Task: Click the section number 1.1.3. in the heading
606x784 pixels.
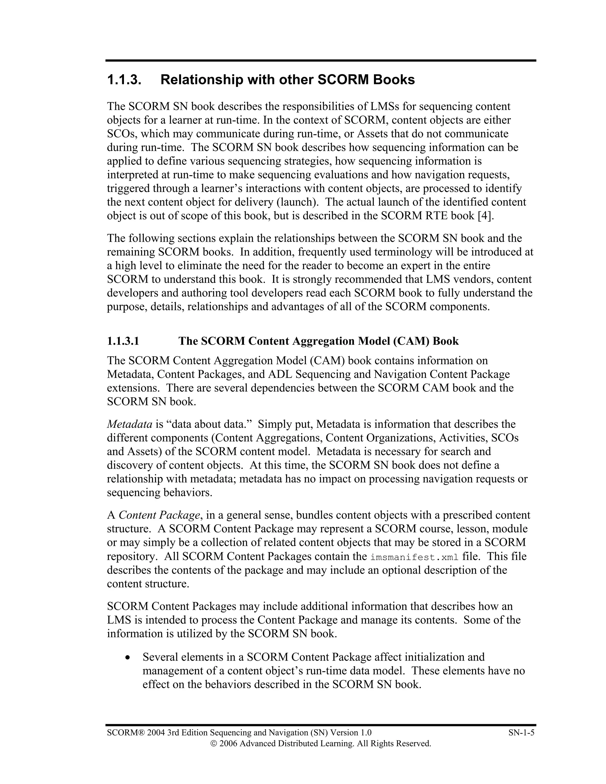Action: point(124,80)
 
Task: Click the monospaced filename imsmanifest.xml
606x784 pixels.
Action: point(414,557)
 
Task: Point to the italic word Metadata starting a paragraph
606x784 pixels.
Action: point(130,424)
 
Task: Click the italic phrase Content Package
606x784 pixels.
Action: point(159,515)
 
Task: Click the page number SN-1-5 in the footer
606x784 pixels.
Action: point(521,733)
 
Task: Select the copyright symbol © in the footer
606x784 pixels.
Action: point(213,743)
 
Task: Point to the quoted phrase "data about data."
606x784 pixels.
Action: point(209,424)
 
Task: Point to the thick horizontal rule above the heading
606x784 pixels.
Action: point(320,61)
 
